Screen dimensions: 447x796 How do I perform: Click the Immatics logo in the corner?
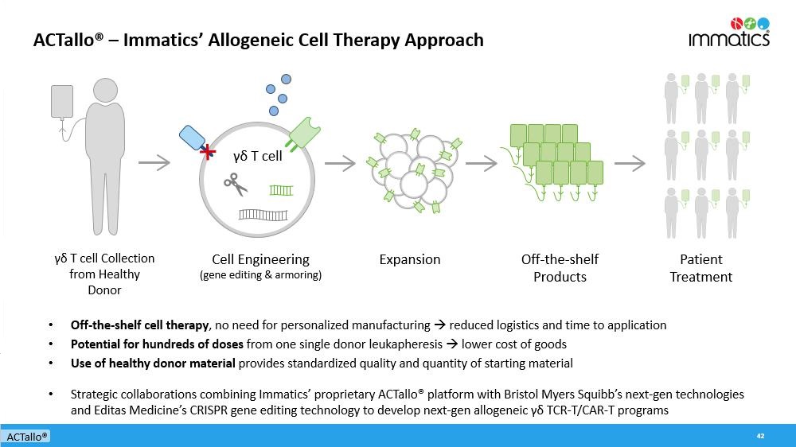tap(728, 32)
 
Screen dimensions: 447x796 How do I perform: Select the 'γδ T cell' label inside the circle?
tap(257, 156)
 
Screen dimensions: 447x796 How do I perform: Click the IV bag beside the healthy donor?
tap(62, 102)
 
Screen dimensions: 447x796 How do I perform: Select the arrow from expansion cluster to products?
tap(481, 163)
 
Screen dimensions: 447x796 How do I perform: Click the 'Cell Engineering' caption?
tap(260, 259)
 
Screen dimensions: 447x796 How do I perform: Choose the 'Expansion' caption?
tap(409, 259)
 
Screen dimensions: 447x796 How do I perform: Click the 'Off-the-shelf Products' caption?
tap(560, 268)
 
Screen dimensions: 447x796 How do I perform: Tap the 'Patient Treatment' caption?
tap(700, 268)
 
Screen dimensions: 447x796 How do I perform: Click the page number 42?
tap(760, 436)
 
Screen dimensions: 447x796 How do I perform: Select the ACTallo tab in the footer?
tap(26, 437)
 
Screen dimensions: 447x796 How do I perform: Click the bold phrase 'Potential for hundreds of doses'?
tap(157, 344)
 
